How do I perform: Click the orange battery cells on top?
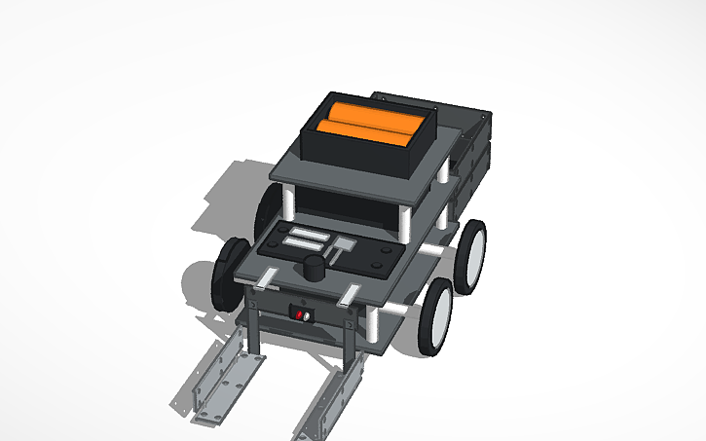[x=370, y=124]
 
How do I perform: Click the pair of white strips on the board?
[x=304, y=237]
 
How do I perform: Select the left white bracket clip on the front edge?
[x=268, y=280]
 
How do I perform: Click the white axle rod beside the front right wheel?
[x=399, y=310]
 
